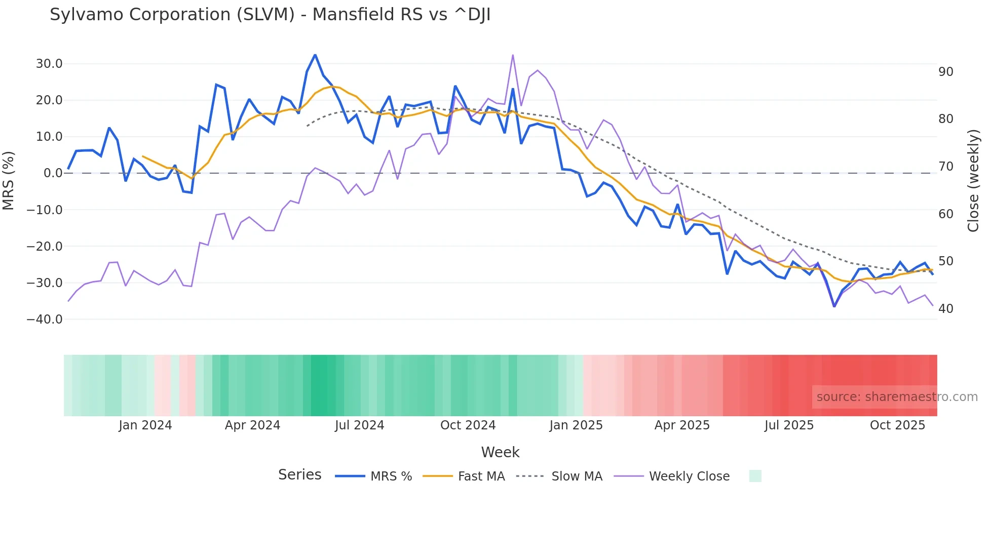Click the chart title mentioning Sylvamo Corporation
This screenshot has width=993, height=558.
click(x=270, y=15)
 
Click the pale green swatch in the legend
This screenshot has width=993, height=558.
click(x=755, y=476)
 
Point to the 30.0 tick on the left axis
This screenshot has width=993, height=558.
click(x=49, y=64)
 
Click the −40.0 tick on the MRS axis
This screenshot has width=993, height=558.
click(x=45, y=320)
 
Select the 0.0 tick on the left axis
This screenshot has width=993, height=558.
click(x=53, y=173)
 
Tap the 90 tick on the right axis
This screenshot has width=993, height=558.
click(x=946, y=72)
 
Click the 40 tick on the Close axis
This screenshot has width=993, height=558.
click(x=946, y=309)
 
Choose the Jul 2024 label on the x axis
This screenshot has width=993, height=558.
click(x=359, y=425)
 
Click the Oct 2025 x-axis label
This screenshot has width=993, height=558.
click(x=897, y=425)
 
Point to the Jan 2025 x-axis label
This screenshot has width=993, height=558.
click(x=576, y=425)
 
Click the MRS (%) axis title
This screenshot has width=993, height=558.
click(x=9, y=181)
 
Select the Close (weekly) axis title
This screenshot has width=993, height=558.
click(x=973, y=181)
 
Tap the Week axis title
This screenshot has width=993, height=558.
click(x=500, y=452)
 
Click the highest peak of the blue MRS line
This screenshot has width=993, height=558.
click(x=315, y=55)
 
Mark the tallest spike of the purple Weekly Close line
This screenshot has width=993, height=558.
click(x=513, y=55)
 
